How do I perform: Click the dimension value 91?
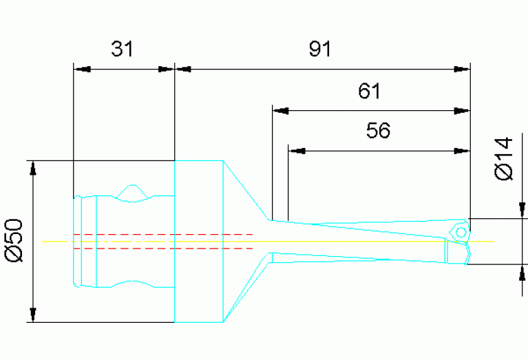[319, 49]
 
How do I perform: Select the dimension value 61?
[369, 91]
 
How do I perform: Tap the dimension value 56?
[378, 131]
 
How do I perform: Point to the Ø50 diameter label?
[14, 240]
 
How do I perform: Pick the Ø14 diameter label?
[504, 159]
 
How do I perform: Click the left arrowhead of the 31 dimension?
[81, 69]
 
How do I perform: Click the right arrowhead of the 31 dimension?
[167, 69]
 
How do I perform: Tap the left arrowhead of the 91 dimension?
[184, 69]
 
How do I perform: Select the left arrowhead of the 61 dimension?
[280, 109]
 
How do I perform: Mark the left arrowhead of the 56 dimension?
[297, 150]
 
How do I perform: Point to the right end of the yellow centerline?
[494, 242]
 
